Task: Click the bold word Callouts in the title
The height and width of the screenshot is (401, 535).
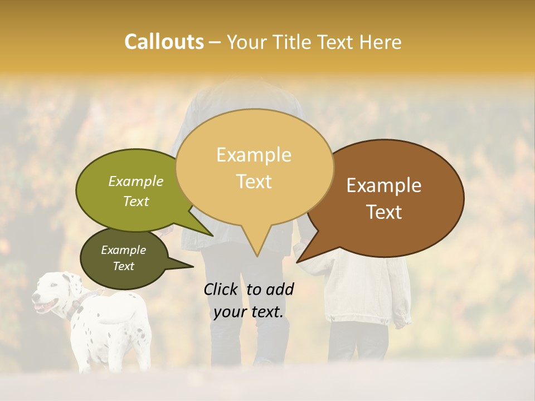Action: click(x=164, y=42)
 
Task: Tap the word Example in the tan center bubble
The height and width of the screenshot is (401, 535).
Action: click(x=254, y=155)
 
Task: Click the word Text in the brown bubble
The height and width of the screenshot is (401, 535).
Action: click(x=384, y=212)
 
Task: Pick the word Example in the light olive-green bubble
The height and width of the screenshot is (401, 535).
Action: click(x=136, y=181)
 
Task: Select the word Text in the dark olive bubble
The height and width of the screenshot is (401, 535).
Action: click(x=123, y=266)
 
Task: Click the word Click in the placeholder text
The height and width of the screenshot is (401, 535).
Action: click(x=222, y=289)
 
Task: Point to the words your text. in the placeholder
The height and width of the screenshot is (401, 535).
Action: click(x=248, y=312)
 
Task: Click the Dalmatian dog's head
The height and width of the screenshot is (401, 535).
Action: click(x=53, y=293)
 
